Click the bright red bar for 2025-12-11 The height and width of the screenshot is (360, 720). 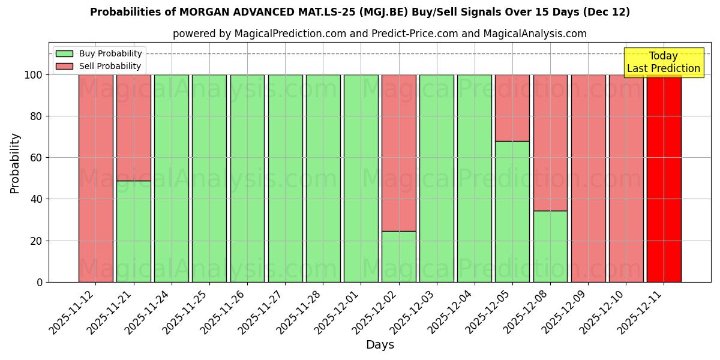664,178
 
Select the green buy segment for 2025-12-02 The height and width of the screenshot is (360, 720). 398,256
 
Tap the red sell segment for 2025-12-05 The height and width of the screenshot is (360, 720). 512,108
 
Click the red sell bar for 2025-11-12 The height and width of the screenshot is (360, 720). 95,178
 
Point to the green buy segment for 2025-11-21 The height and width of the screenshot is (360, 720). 133,231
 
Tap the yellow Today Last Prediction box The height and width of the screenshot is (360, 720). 664,62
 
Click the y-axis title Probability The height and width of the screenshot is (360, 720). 15,163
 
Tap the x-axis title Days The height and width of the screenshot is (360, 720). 380,345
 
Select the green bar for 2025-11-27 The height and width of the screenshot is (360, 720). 285,178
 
